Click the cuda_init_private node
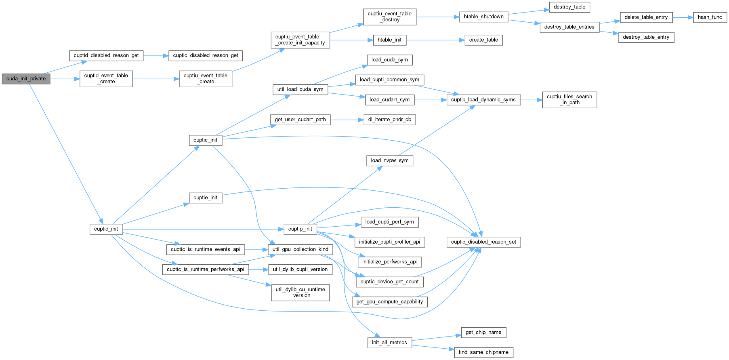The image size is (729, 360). click(x=26, y=79)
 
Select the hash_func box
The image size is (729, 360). click(x=710, y=17)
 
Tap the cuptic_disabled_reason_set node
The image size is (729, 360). click(x=483, y=242)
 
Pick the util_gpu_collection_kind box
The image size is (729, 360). click(x=300, y=249)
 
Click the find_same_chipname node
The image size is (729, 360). click(x=483, y=352)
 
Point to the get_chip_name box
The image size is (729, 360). click(x=483, y=333)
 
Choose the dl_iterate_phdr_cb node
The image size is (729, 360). click(x=389, y=120)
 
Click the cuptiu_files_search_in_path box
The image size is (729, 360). click(x=569, y=99)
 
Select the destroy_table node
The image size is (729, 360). click(x=569, y=7)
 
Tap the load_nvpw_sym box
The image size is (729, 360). click(x=389, y=160)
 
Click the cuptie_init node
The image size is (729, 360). click(x=205, y=198)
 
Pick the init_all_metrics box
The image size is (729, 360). click(x=389, y=343)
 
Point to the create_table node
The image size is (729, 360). click(x=483, y=40)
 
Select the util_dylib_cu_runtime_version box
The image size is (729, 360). click(x=300, y=293)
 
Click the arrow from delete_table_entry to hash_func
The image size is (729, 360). click(x=683, y=17)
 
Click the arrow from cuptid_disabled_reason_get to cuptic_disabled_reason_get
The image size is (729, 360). click(x=156, y=56)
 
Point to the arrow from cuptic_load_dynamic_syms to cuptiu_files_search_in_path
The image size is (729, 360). click(x=531, y=100)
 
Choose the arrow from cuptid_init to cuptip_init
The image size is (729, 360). click(x=202, y=229)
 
